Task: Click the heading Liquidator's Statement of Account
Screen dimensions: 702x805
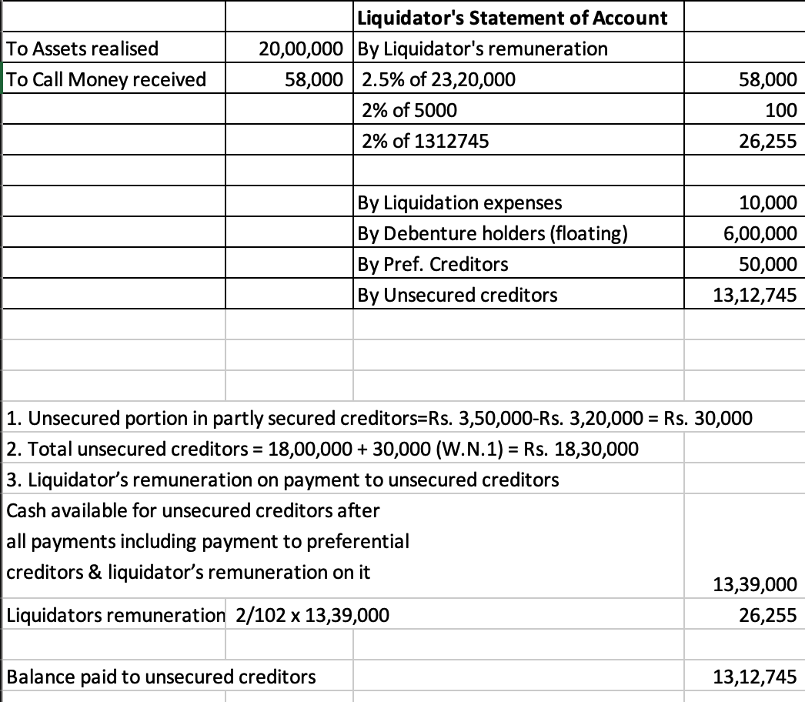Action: [513, 18]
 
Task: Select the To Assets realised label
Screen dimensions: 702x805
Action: [82, 48]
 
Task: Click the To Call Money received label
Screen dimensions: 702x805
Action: [106, 79]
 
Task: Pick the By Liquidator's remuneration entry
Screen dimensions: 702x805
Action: [483, 48]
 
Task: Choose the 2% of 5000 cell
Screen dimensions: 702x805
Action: [409, 110]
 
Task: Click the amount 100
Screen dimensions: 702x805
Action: [781, 110]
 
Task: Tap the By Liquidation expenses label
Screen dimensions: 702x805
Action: [459, 202]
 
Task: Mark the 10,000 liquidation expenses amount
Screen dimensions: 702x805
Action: [767, 202]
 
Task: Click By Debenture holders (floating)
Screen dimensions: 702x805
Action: [493, 233]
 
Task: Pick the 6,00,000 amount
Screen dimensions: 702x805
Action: [762, 233]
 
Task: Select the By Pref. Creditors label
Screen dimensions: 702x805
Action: [433, 264]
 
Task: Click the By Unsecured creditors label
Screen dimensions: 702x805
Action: [458, 295]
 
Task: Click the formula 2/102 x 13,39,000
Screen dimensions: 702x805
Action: [316, 615]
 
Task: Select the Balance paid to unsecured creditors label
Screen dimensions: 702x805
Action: [161, 677]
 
